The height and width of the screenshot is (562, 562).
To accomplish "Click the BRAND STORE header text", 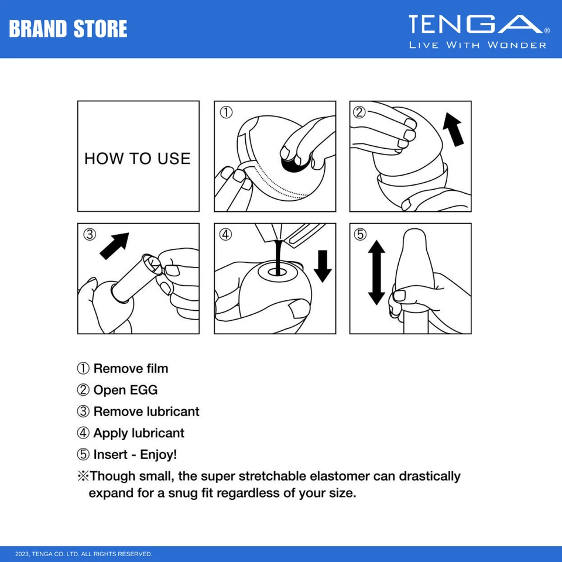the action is tap(68, 29).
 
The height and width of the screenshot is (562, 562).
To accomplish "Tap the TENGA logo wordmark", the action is tap(476, 24).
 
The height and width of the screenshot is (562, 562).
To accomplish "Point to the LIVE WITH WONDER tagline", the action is tap(478, 45).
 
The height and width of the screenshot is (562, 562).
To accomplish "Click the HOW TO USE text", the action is tap(137, 159).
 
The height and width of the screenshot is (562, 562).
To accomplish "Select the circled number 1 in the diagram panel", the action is tap(226, 112).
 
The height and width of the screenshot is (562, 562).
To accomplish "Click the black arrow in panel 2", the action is tap(453, 129).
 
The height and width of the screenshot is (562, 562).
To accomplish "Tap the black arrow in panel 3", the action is tap(114, 246).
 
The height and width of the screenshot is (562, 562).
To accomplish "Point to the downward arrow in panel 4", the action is tap(323, 266).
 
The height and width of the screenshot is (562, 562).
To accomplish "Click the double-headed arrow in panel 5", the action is tap(376, 272).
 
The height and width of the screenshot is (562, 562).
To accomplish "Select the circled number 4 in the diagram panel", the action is tap(225, 234).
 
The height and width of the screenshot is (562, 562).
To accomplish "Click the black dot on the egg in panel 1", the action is tap(295, 164).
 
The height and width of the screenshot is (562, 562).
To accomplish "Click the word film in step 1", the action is tap(157, 368).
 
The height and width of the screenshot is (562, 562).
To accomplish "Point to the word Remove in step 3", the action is tap(116, 412).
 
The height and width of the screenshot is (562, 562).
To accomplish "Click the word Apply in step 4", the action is tap(111, 433).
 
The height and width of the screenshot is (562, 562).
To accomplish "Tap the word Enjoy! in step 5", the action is tap(159, 454).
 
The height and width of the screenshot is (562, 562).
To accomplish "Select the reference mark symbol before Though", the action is tap(83, 476).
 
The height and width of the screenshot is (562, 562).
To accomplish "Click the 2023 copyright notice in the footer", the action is tap(84, 554).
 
